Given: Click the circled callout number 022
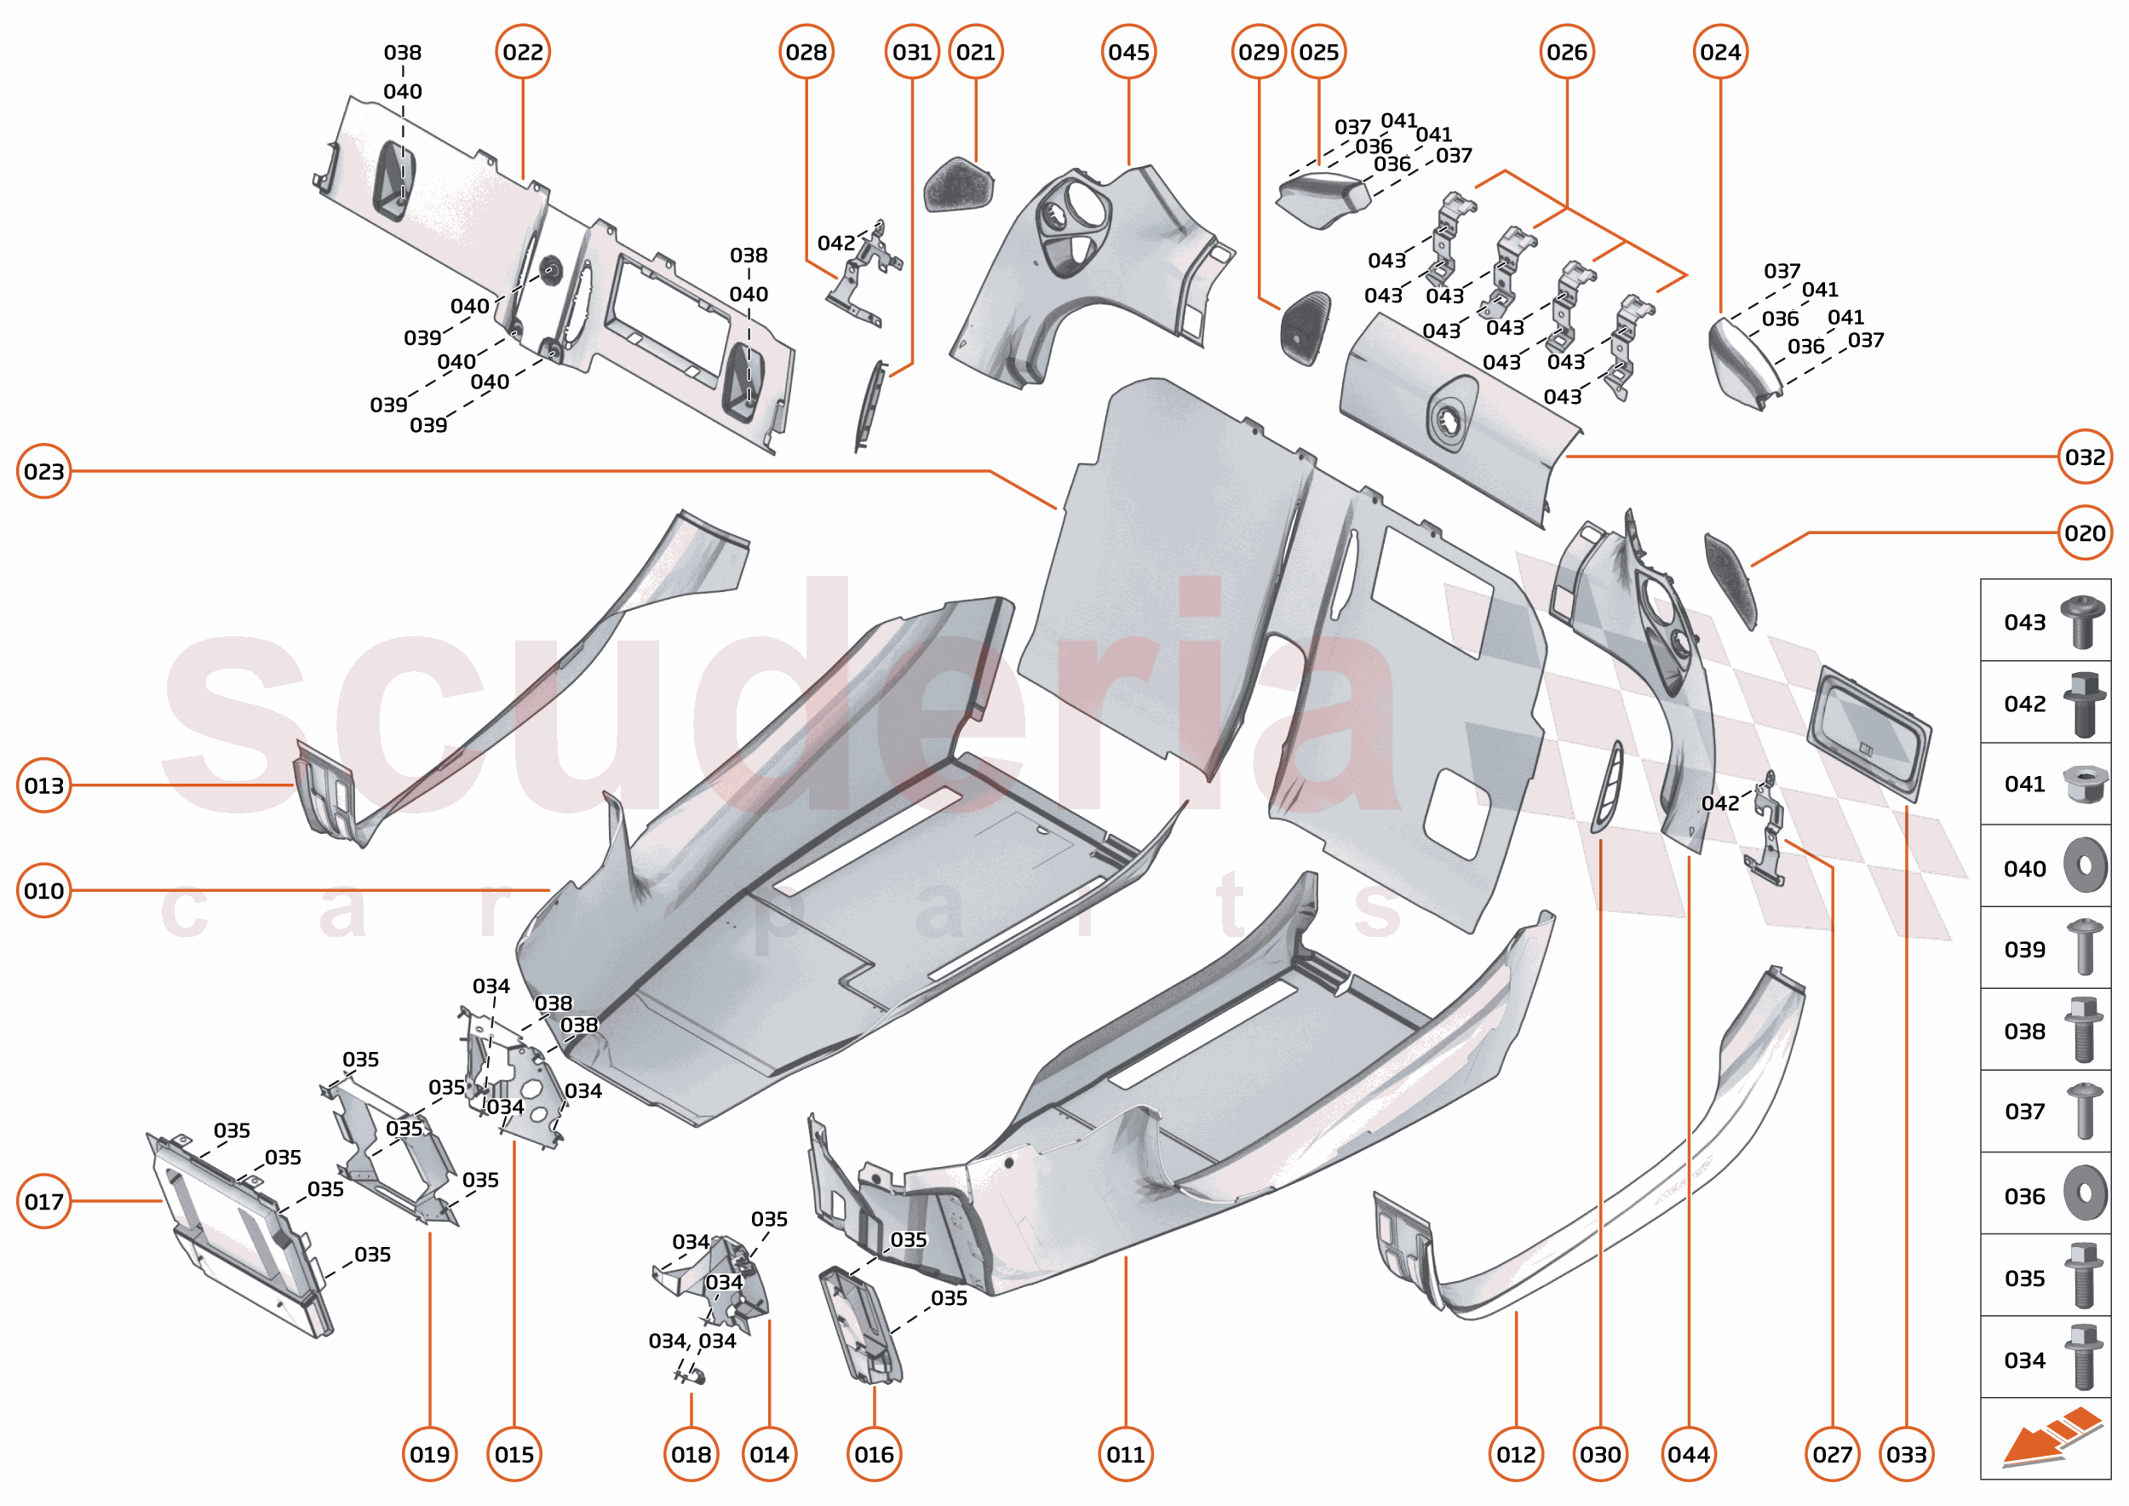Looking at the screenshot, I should (x=523, y=52).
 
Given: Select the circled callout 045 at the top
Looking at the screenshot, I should (x=1128, y=52).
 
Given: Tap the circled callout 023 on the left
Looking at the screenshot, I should (x=43, y=471).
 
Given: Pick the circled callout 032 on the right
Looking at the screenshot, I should (x=2085, y=457).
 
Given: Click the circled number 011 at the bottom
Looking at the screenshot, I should (x=1126, y=1454).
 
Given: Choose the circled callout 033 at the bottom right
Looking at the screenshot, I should (x=1907, y=1454).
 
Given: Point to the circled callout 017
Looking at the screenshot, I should (x=43, y=1201).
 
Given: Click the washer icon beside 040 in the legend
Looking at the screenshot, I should (x=2085, y=866).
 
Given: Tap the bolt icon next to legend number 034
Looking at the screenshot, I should (x=2084, y=1358).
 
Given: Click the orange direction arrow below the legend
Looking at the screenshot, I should (x=2049, y=1437).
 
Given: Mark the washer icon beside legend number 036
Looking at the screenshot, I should (x=2085, y=1193).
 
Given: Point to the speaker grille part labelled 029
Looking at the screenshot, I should (x=1306, y=327).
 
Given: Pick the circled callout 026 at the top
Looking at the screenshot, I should (x=1566, y=52).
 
